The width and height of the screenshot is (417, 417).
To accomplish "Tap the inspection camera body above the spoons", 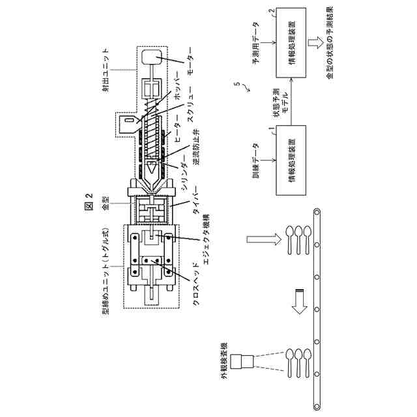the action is tap(245, 360).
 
